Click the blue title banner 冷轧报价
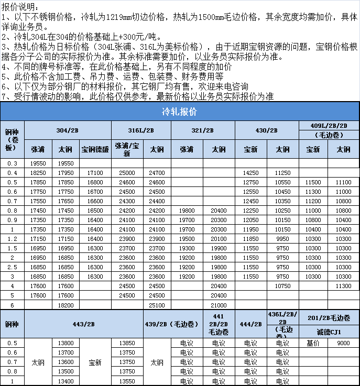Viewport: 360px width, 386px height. click(x=180, y=112)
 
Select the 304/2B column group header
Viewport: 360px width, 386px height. click(x=68, y=130)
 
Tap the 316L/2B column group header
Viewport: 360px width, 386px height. click(x=141, y=130)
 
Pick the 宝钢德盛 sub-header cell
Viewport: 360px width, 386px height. click(x=95, y=149)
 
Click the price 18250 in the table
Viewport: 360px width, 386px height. click(x=37, y=172)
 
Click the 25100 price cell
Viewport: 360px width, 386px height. click(x=157, y=305)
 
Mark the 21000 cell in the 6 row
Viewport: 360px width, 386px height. click(x=219, y=305)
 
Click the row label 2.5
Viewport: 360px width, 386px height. click(x=12, y=267)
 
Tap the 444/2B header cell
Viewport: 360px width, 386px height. click(x=250, y=324)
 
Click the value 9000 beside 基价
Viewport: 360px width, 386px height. click(x=343, y=343)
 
